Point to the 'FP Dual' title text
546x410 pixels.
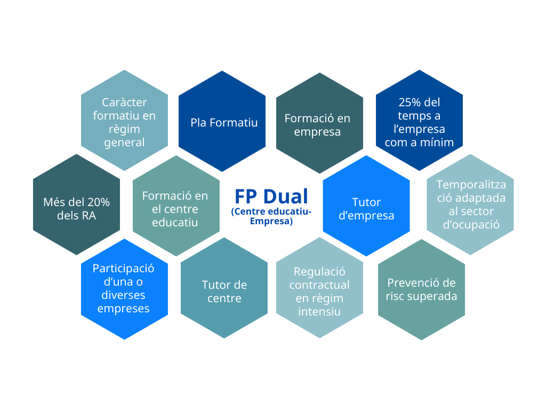[271, 196]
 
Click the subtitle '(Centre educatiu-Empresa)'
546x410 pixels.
[271, 216]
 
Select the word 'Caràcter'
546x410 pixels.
[124, 102]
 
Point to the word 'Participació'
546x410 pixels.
[123, 268]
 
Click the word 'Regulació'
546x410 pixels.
[319, 272]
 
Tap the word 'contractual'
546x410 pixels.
[319, 285]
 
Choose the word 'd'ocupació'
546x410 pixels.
[470, 224]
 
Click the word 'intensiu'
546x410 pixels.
[319, 311]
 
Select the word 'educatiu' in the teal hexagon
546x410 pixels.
[175, 222]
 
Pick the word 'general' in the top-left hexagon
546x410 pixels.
[124, 142]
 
